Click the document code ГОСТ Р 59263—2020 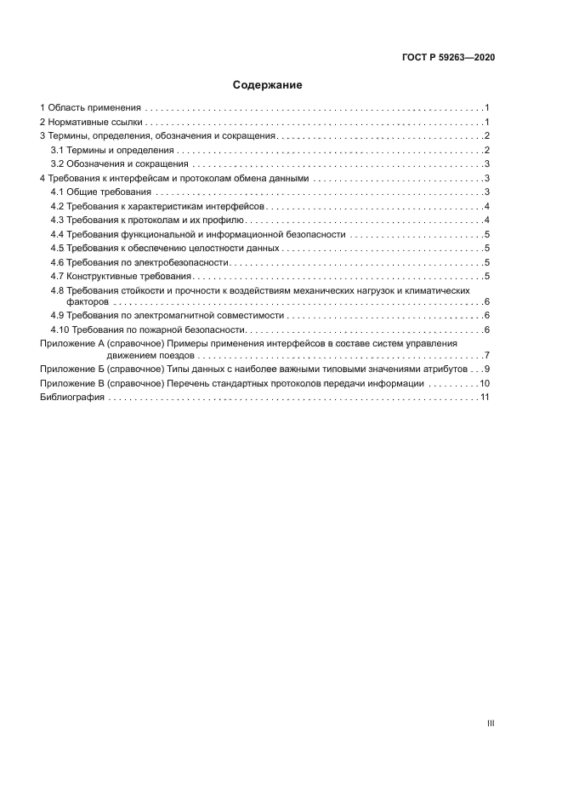(449, 57)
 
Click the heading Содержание (267, 85)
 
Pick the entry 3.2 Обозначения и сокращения (119, 163)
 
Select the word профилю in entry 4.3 (224, 220)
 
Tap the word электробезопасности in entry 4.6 (188, 261)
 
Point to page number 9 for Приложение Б (485, 369)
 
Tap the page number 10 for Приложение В (483, 383)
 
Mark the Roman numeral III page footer (490, 723)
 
